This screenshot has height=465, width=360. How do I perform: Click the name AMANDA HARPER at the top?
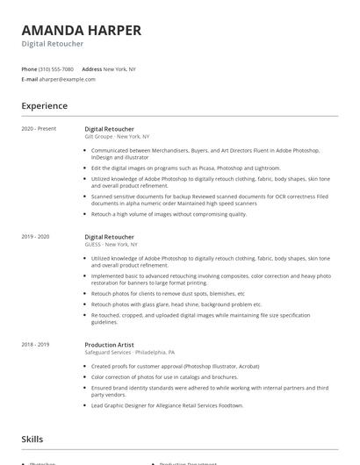81,30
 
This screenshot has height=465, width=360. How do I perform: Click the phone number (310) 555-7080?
56,68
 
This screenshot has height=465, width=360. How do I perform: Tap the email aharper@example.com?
68,79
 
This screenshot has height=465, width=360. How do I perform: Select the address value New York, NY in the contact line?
121,68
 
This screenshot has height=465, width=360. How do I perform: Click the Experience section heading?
44,106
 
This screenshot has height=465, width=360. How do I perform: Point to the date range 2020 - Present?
39,128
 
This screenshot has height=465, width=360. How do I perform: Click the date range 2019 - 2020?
36,236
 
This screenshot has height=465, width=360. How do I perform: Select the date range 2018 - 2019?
36,345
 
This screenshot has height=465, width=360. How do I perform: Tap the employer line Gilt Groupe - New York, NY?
117,137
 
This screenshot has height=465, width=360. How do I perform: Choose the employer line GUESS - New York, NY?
112,245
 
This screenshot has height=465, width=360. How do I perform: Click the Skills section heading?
32,439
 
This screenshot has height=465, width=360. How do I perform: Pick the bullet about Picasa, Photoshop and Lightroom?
185,168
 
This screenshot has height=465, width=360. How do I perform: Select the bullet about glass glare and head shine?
176,304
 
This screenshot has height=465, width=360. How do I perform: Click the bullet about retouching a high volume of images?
169,213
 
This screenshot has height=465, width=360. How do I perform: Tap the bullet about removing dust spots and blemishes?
167,293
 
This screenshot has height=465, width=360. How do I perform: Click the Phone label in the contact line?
29,68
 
